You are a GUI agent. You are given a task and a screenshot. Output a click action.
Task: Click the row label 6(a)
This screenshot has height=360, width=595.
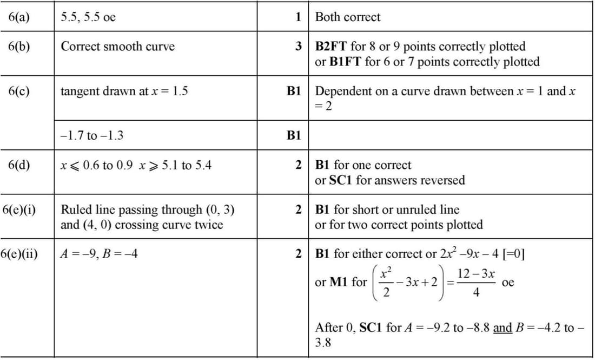[x=19, y=17]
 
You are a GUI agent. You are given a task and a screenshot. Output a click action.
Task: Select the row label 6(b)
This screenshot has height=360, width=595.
[x=19, y=46]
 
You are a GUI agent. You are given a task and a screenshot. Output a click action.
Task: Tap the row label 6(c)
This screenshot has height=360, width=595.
[x=19, y=91]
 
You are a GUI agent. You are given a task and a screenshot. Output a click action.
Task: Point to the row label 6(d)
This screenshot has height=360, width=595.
[x=19, y=165]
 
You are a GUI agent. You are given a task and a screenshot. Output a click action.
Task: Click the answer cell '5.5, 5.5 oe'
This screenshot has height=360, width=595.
[x=88, y=17]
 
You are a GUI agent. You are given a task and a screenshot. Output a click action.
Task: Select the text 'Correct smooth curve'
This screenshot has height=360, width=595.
[x=117, y=46]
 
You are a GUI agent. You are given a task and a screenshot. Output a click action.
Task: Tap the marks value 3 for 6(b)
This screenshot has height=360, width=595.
[x=299, y=46]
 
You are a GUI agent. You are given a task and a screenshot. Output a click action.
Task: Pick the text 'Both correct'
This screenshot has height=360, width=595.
[x=347, y=17]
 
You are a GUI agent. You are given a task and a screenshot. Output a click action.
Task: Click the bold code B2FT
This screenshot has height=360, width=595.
[x=331, y=46]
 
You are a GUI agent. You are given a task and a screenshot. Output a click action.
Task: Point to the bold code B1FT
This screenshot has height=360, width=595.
[x=346, y=62]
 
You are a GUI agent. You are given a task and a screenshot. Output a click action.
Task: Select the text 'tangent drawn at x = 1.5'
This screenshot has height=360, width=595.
[x=124, y=91]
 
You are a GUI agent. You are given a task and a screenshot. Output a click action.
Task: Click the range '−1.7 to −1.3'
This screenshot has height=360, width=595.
[x=91, y=135]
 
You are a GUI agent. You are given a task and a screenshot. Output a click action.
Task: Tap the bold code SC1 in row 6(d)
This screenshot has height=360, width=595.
[x=341, y=180]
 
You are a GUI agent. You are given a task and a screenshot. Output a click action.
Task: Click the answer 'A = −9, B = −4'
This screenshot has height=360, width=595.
[x=99, y=253]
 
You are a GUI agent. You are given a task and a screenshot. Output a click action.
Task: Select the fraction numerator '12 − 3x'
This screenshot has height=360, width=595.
[x=476, y=274]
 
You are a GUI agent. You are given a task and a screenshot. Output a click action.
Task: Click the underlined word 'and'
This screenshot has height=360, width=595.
[x=503, y=328]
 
